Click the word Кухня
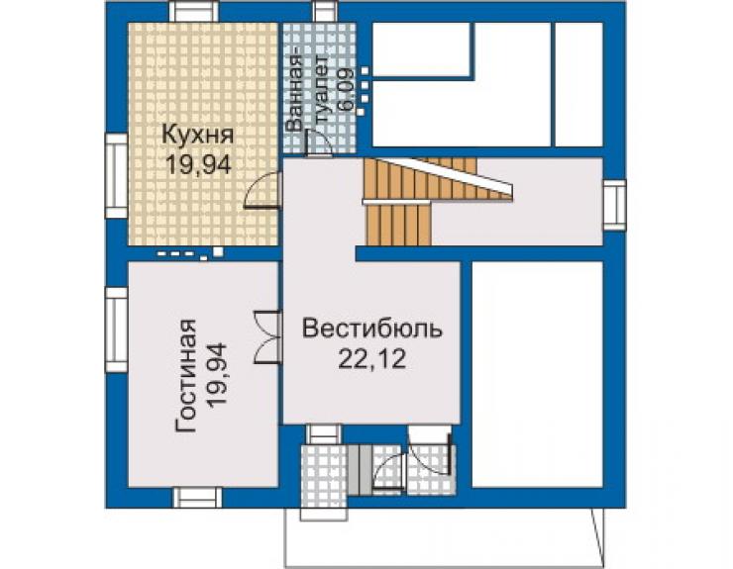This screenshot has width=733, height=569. click(197, 135)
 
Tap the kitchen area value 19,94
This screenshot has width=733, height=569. click(199, 164)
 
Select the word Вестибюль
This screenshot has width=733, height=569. click(372, 329)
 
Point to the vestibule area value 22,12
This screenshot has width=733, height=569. click(372, 359)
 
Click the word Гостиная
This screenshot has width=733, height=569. click(186, 377)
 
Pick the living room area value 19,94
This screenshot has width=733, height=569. click(217, 376)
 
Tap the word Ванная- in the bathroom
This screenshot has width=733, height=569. click(295, 93)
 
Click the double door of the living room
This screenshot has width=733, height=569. click(267, 336)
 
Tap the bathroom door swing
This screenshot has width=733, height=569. click(318, 142)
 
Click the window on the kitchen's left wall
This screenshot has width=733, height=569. click(117, 176)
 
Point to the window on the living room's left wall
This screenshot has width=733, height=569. click(117, 330)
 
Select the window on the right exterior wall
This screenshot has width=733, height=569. click(614, 205)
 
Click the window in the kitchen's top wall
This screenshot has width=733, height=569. click(194, 11)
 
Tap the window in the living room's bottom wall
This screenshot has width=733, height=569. click(198, 498)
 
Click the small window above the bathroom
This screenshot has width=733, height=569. click(326, 11)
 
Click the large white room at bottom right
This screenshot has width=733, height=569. click(537, 374)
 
